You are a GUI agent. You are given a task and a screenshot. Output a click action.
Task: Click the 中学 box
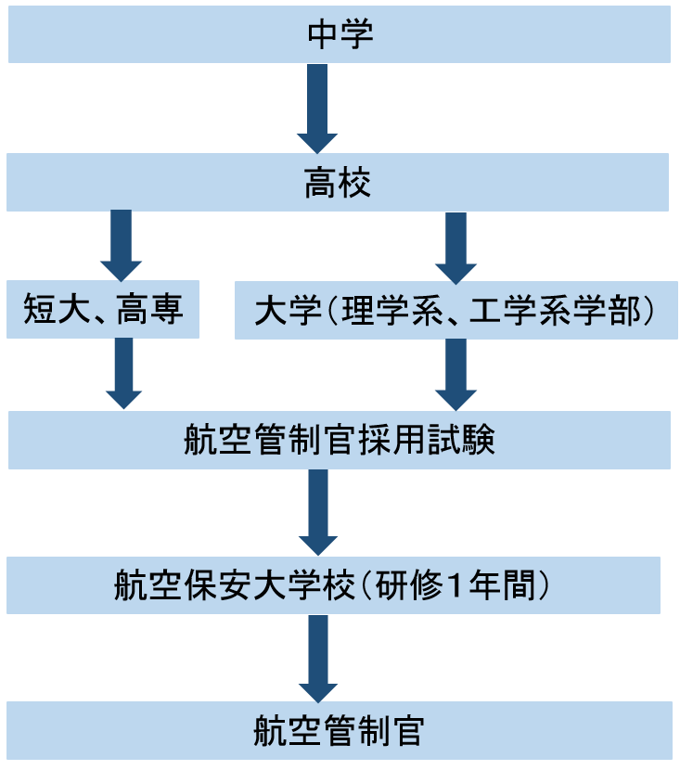coord(340,36)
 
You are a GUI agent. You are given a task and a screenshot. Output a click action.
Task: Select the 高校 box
coord(340,183)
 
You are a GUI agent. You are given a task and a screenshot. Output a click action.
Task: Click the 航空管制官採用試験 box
coord(340,441)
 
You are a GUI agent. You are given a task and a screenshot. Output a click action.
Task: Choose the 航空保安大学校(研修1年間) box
coord(334,585)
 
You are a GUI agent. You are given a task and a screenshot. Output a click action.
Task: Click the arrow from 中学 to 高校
coord(317,108)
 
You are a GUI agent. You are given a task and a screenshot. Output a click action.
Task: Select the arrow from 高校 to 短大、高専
coord(121,244)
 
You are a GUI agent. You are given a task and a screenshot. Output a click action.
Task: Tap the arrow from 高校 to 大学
coord(455,247)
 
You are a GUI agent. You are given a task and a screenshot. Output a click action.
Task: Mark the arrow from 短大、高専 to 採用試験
coord(123,373)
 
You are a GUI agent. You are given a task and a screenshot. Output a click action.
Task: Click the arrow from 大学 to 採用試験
coord(455,373)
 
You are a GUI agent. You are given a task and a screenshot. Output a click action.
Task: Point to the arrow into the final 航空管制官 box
coord(317,658)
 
